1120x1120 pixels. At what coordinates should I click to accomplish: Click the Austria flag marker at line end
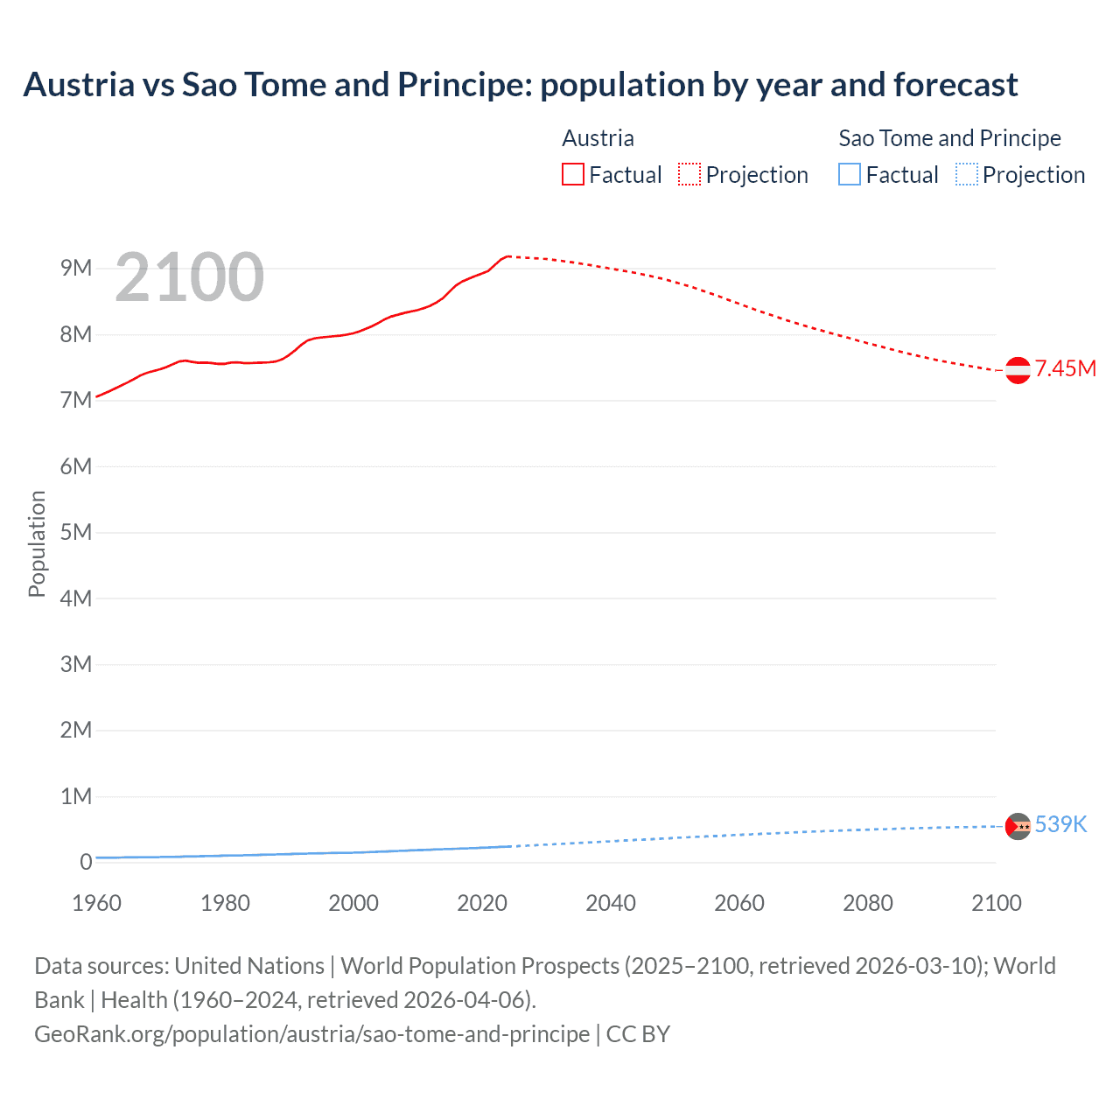pos(1018,370)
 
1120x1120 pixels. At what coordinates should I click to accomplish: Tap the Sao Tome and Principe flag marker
pos(1018,826)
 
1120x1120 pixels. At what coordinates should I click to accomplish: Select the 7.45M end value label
pos(1066,369)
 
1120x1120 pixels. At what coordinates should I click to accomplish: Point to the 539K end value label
pos(1060,825)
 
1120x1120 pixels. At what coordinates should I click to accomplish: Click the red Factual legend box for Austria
pos(572,175)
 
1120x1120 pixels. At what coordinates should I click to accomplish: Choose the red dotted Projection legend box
pos(689,175)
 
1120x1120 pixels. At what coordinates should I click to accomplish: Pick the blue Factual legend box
pos(849,175)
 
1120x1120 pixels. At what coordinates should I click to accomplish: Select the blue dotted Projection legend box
pos(967,175)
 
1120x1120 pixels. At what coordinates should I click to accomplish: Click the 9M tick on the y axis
pos(76,268)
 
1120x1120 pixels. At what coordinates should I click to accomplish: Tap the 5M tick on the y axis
pos(76,532)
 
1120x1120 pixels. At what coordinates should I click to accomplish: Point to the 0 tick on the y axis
pos(86,862)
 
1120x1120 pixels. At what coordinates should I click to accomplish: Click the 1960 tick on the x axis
pos(96,903)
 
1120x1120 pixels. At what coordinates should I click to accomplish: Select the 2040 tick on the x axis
pos(611,903)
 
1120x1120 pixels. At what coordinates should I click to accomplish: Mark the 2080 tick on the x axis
pos(868,903)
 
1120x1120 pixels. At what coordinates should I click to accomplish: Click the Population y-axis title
pos(37,543)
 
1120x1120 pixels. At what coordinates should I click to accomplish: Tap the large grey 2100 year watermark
pos(189,277)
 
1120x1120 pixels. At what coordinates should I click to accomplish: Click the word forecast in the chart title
pos(955,85)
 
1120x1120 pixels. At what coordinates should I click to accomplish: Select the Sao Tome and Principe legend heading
pos(949,138)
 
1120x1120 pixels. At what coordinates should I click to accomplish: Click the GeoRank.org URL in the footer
pos(311,1034)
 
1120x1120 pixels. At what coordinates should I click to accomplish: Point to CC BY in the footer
pos(638,1034)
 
